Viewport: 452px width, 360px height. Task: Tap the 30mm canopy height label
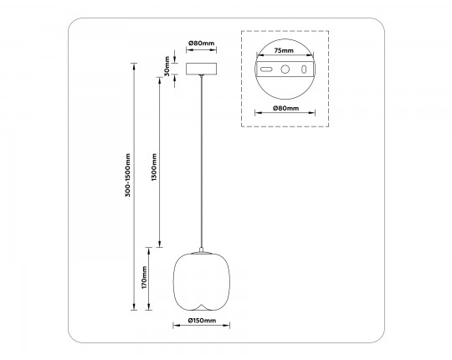167,65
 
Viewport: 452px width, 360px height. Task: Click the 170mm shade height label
144,277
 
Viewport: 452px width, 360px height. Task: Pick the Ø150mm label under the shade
202,321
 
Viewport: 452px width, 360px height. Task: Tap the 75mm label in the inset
284,50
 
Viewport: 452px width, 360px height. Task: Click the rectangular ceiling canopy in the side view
201,67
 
